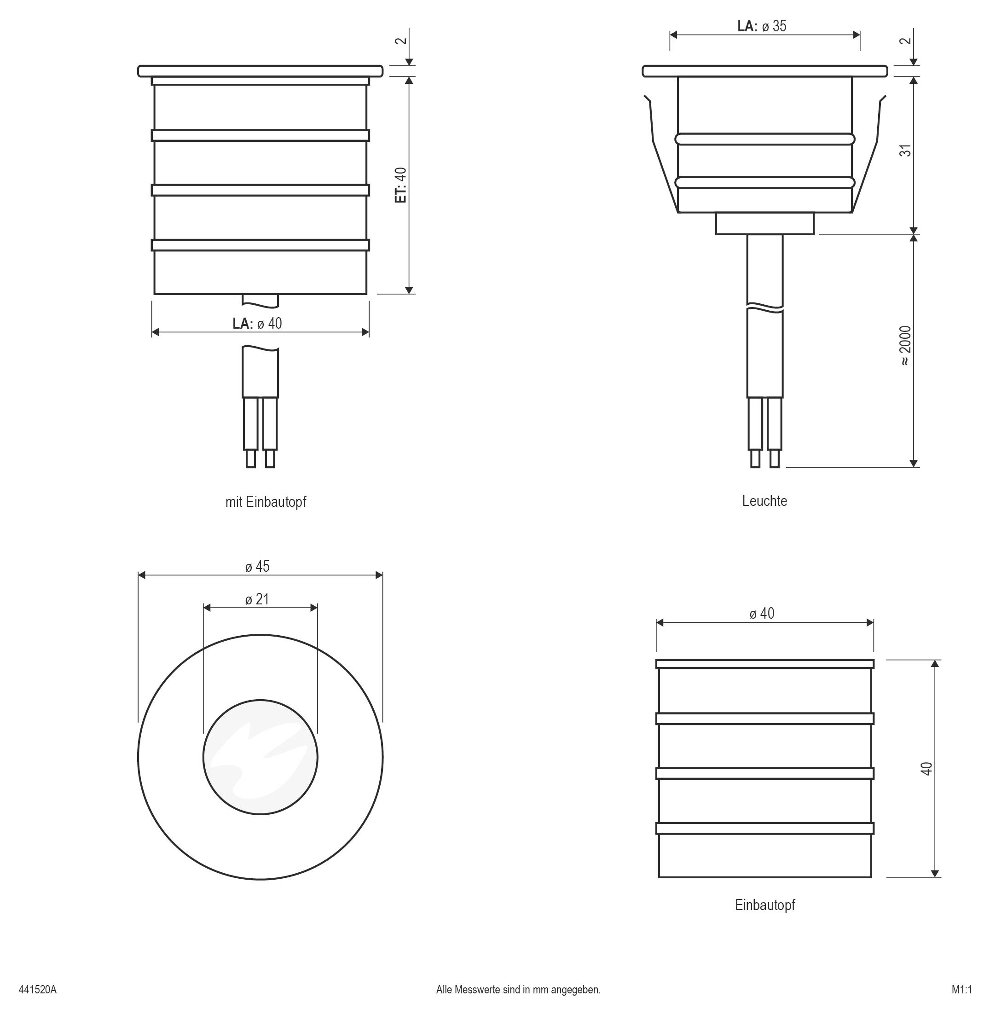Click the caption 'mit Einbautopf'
click(266, 502)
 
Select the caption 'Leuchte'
click(764, 501)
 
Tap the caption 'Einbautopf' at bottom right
click(765, 905)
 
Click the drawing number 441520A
click(37, 990)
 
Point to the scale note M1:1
click(962, 990)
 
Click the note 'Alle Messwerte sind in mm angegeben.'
click(518, 990)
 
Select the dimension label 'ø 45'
click(257, 566)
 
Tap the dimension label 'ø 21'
click(257, 599)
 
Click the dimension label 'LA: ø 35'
click(762, 26)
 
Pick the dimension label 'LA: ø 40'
click(257, 324)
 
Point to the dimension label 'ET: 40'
click(401, 185)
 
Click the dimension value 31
click(906, 151)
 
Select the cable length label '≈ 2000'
click(906, 346)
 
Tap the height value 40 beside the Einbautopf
click(927, 769)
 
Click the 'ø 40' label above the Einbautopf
click(762, 614)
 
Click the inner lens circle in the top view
click(260, 757)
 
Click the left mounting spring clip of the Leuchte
click(660, 154)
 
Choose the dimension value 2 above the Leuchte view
click(906, 41)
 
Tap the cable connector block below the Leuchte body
click(765, 224)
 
